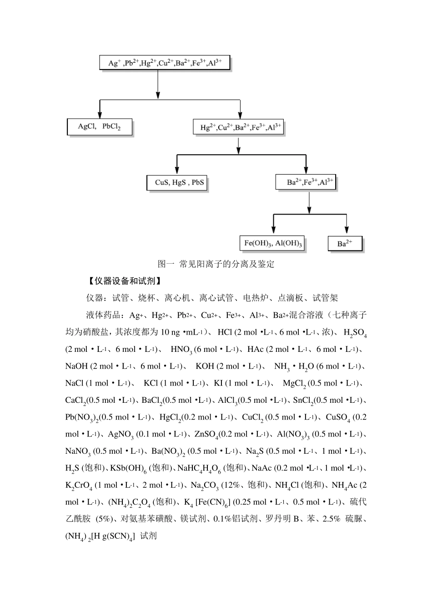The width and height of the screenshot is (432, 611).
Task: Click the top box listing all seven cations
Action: pos(165,63)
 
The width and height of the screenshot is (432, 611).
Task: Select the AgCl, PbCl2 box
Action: pos(100,127)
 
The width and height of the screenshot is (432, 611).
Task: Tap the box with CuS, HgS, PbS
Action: pos(177,183)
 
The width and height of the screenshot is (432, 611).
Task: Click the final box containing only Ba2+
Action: pos(345,244)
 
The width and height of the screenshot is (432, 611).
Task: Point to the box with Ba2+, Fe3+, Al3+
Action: pos(307,182)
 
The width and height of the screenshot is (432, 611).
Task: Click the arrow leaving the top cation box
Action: pos(157,84)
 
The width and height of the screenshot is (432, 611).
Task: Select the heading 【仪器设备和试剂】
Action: pos(124,281)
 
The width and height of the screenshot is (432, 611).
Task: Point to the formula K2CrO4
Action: pos(79,486)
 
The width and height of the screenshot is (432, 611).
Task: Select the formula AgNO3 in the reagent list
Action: pos(121,435)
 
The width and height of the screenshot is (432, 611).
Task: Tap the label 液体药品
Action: pos(103,316)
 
